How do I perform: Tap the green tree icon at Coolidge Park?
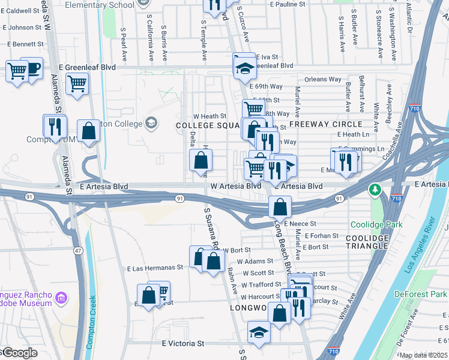click(x=376, y=190)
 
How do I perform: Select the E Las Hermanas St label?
click(x=155, y=268)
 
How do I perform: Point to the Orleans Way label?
click(x=322, y=79)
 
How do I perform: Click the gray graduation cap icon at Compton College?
click(x=151, y=123)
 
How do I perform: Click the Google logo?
click(x=19, y=353)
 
